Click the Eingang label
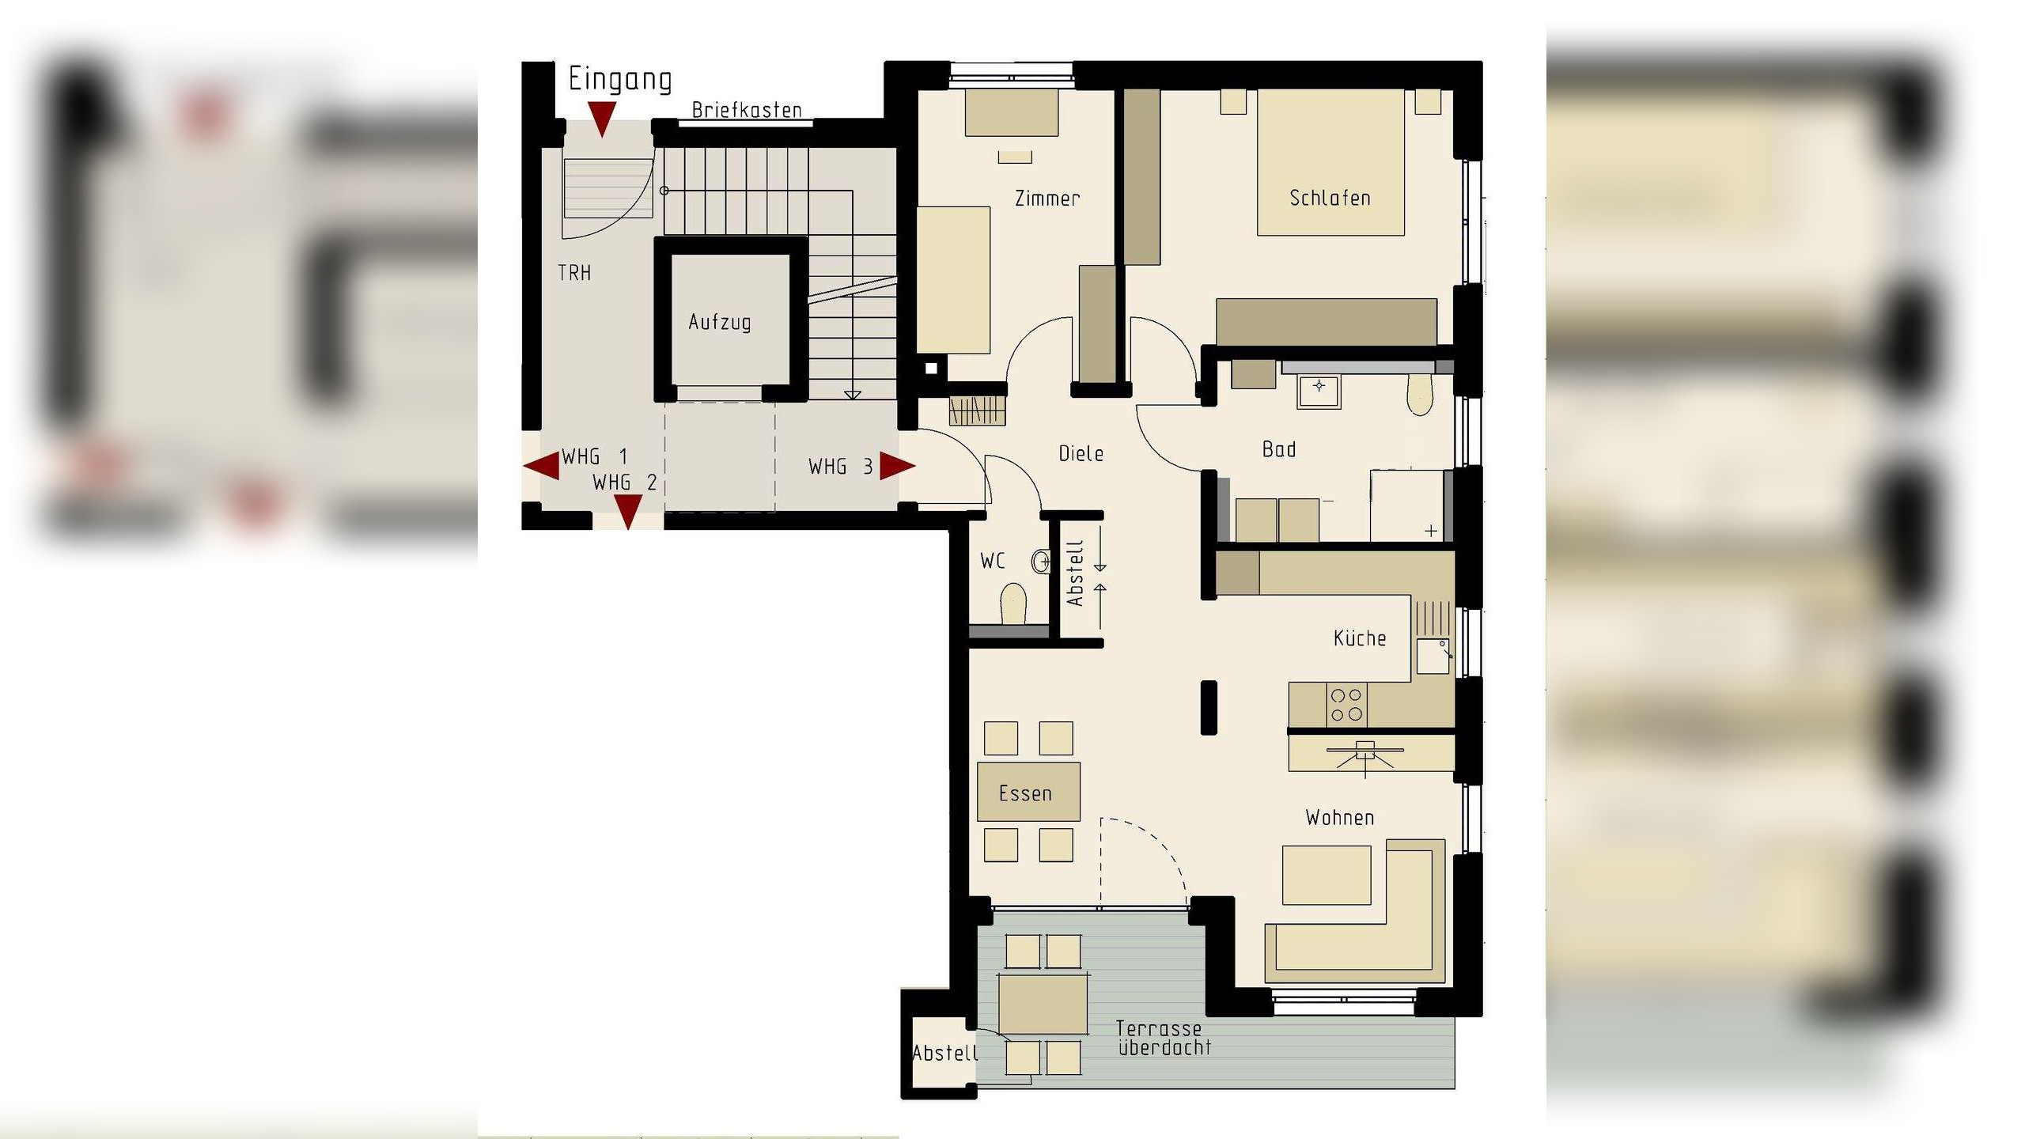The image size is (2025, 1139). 620,80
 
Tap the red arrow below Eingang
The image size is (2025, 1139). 602,119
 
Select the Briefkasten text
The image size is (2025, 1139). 747,110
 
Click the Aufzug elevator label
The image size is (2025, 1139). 719,322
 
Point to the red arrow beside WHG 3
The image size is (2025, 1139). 897,466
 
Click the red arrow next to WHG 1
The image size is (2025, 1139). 543,466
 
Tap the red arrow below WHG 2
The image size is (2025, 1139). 628,513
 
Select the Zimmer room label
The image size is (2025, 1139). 1047,199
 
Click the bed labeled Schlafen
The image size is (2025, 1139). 1330,163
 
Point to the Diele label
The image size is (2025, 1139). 1081,454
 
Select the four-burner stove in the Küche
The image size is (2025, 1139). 1346,705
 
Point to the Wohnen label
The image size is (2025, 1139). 1339,818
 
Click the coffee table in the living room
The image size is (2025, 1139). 1326,875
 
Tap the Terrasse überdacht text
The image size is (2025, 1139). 1163,1038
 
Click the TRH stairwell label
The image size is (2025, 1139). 574,273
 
